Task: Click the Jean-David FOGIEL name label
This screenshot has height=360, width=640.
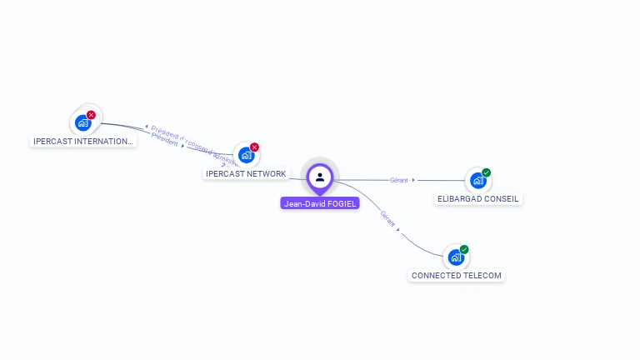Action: pyautogui.click(x=320, y=203)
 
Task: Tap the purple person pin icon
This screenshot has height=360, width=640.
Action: pyautogui.click(x=320, y=177)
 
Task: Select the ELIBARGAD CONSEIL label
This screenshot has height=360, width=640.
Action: pyautogui.click(x=478, y=199)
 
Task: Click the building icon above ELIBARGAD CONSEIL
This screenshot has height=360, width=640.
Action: pyautogui.click(x=477, y=180)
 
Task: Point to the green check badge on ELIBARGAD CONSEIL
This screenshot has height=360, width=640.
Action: pyautogui.click(x=487, y=172)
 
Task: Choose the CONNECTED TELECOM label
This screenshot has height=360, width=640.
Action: pyautogui.click(x=457, y=275)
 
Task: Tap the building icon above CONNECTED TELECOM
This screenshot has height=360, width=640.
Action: pyautogui.click(x=456, y=257)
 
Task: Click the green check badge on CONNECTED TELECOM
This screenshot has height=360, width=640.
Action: pyautogui.click(x=464, y=249)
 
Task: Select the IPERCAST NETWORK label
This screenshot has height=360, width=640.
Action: pyautogui.click(x=246, y=174)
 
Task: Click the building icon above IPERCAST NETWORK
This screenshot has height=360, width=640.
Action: pyautogui.click(x=246, y=155)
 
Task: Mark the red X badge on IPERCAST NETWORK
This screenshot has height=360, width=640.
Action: pyautogui.click(x=255, y=147)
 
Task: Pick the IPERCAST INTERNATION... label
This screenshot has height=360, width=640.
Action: pyautogui.click(x=82, y=142)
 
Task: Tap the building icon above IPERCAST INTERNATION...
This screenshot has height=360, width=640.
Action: pyautogui.click(x=82, y=122)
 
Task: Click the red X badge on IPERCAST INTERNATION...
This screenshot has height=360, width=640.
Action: pyautogui.click(x=92, y=115)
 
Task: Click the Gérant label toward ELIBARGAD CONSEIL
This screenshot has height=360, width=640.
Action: pyautogui.click(x=398, y=180)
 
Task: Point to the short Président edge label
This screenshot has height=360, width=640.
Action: pyautogui.click(x=165, y=142)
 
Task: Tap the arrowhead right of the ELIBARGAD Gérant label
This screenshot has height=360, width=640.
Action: pyautogui.click(x=413, y=180)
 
